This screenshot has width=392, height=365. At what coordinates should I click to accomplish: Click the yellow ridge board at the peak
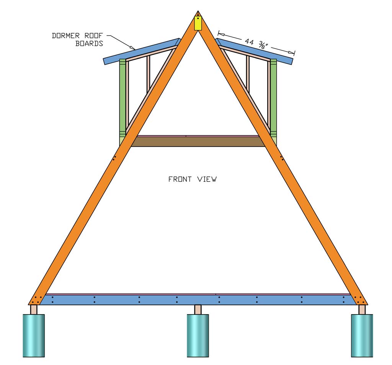pyautogui.click(x=198, y=23)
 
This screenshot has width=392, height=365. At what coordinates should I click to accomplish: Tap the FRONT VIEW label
pyautogui.click(x=192, y=179)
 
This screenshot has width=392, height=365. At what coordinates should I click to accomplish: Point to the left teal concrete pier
pyautogui.click(x=34, y=335)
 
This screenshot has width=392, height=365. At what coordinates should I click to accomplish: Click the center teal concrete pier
pyautogui.click(x=198, y=335)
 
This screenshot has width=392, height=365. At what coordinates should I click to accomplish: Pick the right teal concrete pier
pyautogui.click(x=362, y=335)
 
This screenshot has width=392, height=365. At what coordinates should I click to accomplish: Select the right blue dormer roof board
pyautogui.click(x=255, y=51)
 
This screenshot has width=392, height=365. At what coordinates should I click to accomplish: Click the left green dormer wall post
pyautogui.click(x=122, y=96)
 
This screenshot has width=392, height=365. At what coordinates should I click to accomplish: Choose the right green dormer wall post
pyautogui.click(x=273, y=96)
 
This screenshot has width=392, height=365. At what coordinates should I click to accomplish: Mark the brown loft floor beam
pyautogui.click(x=198, y=142)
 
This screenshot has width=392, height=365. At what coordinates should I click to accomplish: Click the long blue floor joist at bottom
pyautogui.click(x=198, y=300)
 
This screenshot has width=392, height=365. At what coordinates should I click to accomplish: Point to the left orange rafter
pyautogui.click(x=115, y=161)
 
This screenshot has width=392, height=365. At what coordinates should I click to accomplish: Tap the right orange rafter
pyautogui.click(x=281, y=161)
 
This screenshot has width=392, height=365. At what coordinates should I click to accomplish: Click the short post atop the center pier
pyautogui.click(x=198, y=309)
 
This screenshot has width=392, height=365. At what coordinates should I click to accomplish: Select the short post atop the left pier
pyautogui.click(x=34, y=309)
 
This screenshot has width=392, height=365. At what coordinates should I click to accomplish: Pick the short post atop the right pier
pyautogui.click(x=362, y=309)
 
